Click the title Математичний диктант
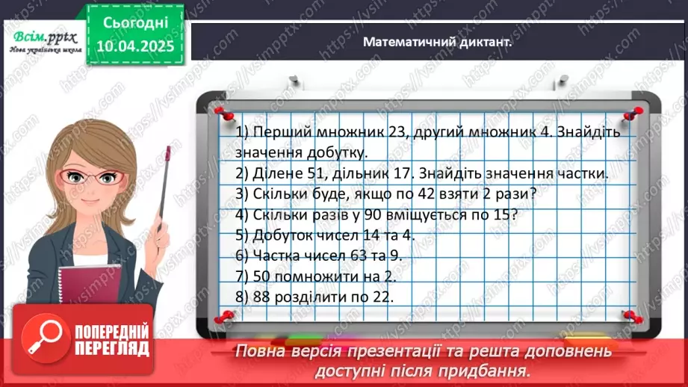pyautogui.click(x=437, y=43)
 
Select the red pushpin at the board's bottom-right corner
pyautogui.click(x=631, y=317)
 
